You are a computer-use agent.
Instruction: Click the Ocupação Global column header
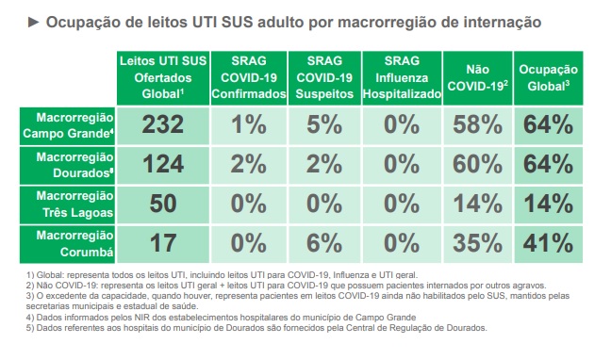[x=548, y=77]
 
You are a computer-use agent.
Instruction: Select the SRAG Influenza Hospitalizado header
[x=402, y=77]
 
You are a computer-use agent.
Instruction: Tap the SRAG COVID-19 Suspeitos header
[x=322, y=77]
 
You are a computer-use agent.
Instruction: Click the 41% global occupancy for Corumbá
[x=548, y=242]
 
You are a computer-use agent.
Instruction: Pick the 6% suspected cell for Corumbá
[x=322, y=242]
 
